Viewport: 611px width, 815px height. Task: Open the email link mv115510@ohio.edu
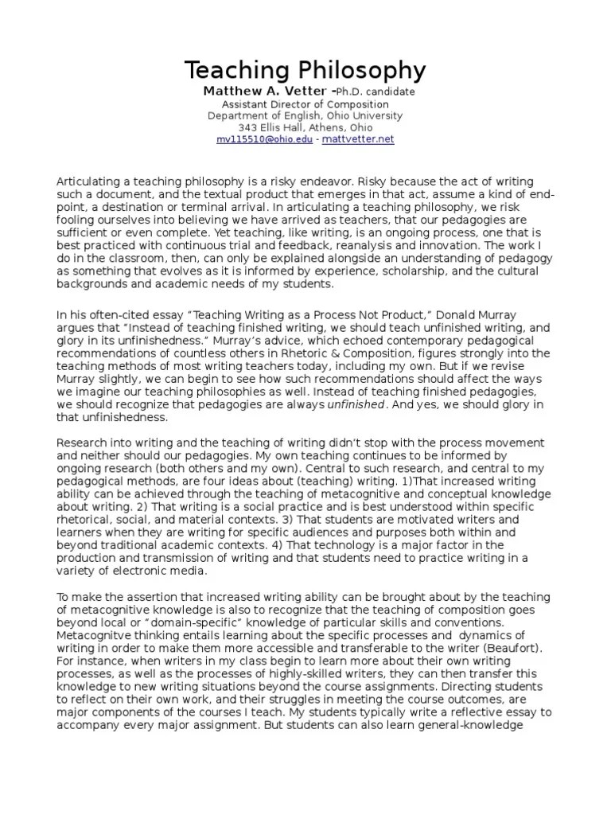click(x=265, y=139)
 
